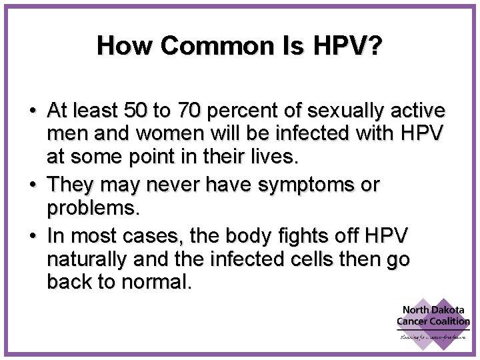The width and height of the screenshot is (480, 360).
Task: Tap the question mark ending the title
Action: click(x=376, y=47)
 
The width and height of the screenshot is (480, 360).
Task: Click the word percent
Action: click(x=263, y=109)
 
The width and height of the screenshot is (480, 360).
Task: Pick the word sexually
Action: click(x=353, y=109)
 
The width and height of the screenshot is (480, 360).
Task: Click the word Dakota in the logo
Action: click(x=450, y=310)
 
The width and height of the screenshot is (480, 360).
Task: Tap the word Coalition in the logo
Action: click(x=449, y=321)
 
